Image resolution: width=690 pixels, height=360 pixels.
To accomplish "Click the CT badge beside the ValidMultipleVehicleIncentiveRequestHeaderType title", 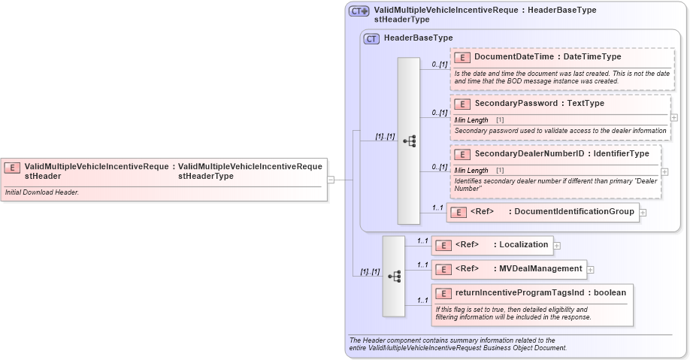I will pyautogui.click(x=359, y=11).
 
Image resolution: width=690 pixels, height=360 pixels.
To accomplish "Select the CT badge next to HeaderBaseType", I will pyautogui.click(x=371, y=38).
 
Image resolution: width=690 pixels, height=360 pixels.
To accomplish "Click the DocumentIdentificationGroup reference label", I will pyautogui.click(x=571, y=212).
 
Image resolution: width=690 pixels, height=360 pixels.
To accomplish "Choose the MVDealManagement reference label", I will pyautogui.click(x=541, y=268).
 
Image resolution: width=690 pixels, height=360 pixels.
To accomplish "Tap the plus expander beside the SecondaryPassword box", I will pyautogui.click(x=673, y=117).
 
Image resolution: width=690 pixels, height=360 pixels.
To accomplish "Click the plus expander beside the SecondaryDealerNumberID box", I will pyautogui.click(x=665, y=172).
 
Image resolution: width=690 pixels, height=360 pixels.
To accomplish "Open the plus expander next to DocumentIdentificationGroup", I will pyautogui.click(x=643, y=213).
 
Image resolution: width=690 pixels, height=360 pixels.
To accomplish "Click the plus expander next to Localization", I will pyautogui.click(x=557, y=245).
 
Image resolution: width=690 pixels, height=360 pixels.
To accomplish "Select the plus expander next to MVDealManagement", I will pyautogui.click(x=590, y=269).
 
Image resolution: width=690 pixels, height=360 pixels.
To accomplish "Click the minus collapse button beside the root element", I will pyautogui.click(x=331, y=180).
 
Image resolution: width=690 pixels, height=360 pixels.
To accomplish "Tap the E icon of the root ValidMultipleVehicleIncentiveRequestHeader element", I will pyautogui.click(x=13, y=167).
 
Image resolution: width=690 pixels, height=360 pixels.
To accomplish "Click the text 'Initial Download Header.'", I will pyautogui.click(x=41, y=192).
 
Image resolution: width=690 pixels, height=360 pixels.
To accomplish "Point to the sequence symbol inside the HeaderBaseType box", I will pyautogui.click(x=409, y=141).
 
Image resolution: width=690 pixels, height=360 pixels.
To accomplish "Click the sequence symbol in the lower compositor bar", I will pyautogui.click(x=394, y=276).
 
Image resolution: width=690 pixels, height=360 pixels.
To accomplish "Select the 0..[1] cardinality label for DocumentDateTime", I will pyautogui.click(x=439, y=65).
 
